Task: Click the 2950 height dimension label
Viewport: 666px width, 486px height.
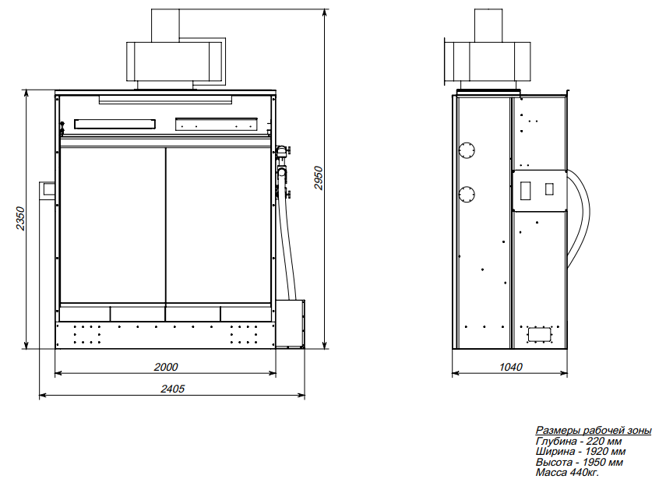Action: tap(319, 178)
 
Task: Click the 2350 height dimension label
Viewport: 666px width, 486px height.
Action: tap(20, 219)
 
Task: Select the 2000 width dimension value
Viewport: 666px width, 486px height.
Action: tap(166, 367)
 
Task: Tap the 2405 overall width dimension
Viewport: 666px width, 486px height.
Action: tap(172, 389)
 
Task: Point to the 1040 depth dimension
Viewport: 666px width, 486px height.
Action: tap(510, 367)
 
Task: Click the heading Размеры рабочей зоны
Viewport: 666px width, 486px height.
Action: tap(594, 431)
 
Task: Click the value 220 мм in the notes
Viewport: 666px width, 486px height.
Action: tap(604, 441)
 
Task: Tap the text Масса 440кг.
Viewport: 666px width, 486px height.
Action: tap(567, 472)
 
